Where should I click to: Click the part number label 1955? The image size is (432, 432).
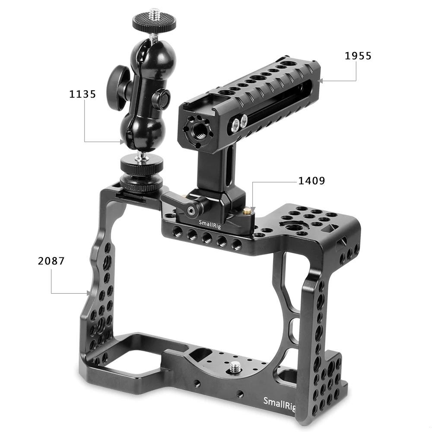[x=358, y=56]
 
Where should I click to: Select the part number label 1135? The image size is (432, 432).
[x=83, y=94]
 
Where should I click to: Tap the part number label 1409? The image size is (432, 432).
[x=311, y=180]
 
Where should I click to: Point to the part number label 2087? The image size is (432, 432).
[x=51, y=261]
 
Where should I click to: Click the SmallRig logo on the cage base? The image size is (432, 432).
[x=280, y=402]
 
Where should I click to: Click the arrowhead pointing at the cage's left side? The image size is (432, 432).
[x=89, y=293]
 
